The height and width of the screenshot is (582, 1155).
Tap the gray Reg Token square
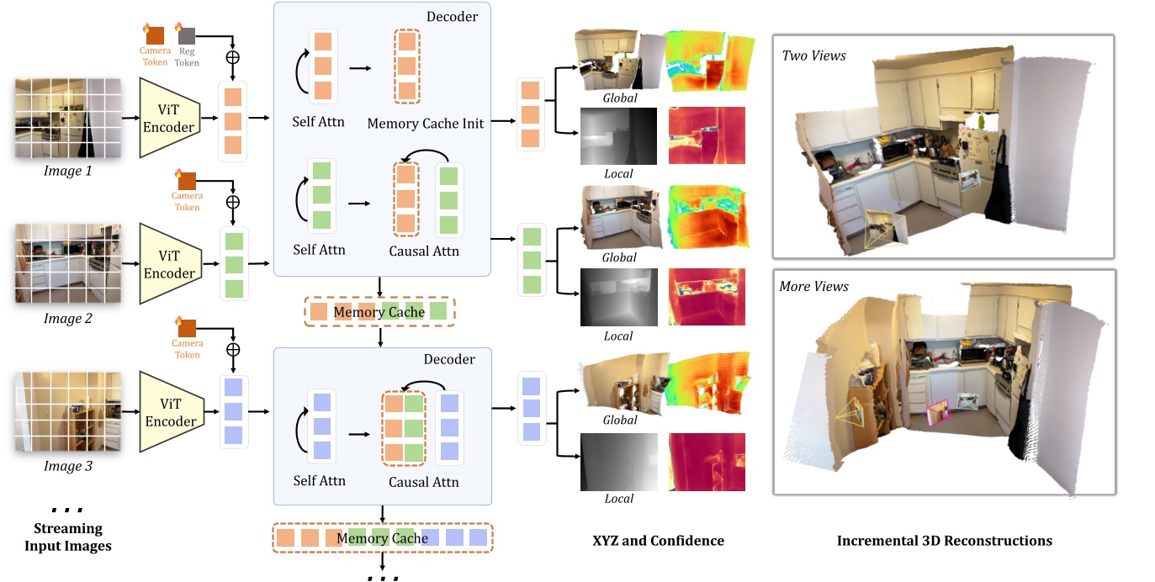click(x=187, y=35)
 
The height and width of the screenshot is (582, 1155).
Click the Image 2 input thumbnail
click(x=67, y=262)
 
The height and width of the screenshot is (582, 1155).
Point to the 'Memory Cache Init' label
click(x=425, y=124)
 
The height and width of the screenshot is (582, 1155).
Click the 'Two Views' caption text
click(x=813, y=56)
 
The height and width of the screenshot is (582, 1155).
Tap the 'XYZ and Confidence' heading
click(x=658, y=541)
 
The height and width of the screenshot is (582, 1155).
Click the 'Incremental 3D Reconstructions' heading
click(x=944, y=541)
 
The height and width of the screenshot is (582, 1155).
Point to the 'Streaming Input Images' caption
click(x=67, y=537)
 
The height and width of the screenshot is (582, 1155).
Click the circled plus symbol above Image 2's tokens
click(x=233, y=202)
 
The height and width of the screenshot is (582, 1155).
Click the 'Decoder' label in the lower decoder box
click(x=448, y=360)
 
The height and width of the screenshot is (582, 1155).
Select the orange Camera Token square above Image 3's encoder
click(x=187, y=327)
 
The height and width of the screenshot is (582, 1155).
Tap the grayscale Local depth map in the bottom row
click(x=618, y=462)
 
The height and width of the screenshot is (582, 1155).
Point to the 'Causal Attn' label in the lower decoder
click(x=423, y=482)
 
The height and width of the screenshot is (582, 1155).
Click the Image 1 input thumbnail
click(x=67, y=118)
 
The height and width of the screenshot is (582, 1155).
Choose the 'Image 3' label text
click(x=67, y=467)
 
